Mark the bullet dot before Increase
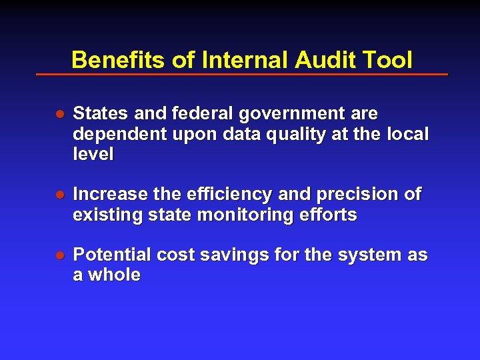pyautogui.click(x=59, y=195)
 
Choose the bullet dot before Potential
pyautogui.click(x=59, y=256)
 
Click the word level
pyautogui.click(x=93, y=154)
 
